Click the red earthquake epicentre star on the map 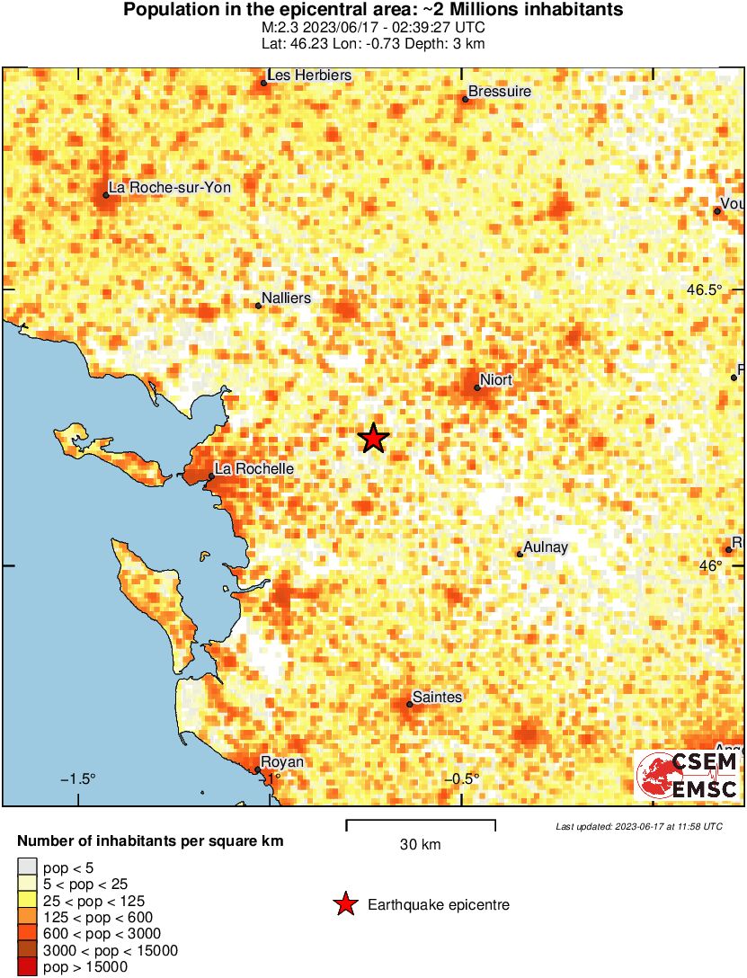(374, 438)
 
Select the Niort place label (495, 380)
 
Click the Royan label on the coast (282, 762)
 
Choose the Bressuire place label (500, 92)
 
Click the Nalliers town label (285, 298)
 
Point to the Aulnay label (547, 547)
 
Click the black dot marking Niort (477, 387)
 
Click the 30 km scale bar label (420, 844)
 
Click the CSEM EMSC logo (687, 775)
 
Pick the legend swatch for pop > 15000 (27, 967)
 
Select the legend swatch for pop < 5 (27, 867)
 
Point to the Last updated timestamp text (638, 826)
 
